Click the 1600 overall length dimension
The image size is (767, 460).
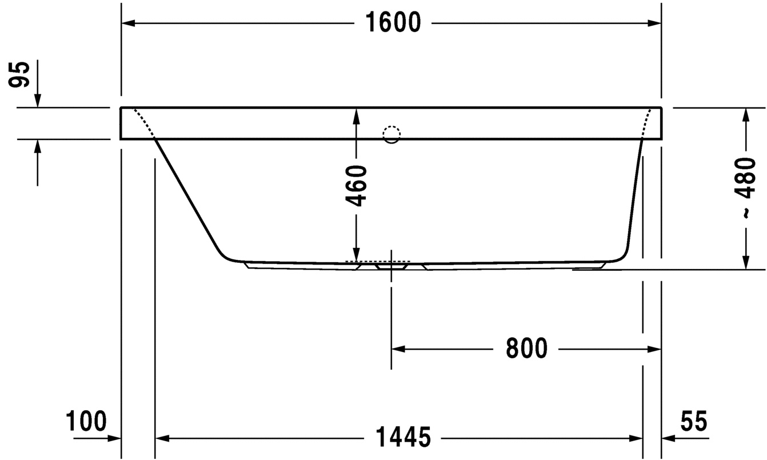click(393, 23)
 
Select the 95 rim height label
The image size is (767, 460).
click(19, 75)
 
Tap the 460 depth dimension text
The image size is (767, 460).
click(356, 186)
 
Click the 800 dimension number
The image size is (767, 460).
click(526, 349)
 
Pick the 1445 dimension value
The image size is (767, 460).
click(403, 437)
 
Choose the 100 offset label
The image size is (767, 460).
click(86, 421)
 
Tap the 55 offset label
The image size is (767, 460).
click(693, 421)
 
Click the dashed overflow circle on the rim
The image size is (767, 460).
click(392, 134)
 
